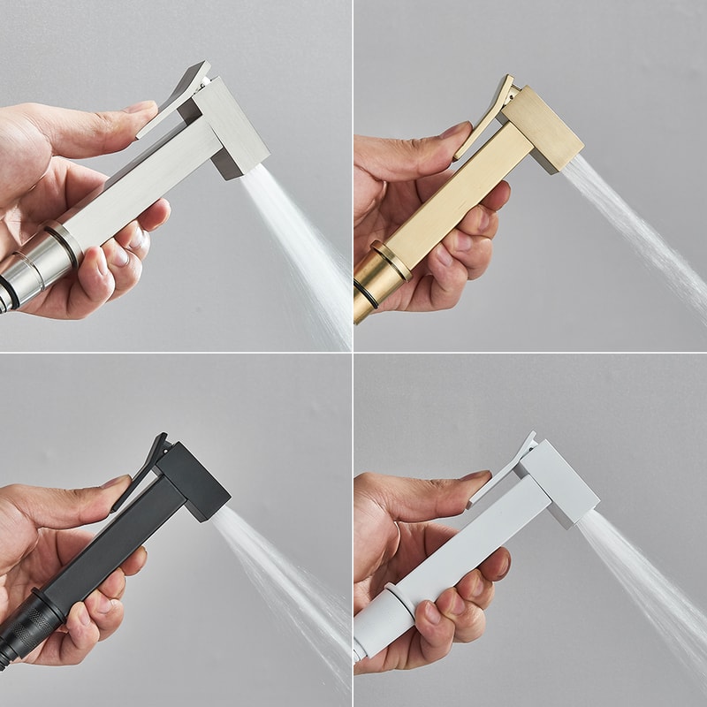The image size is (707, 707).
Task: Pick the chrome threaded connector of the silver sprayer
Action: click(x=27, y=265)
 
